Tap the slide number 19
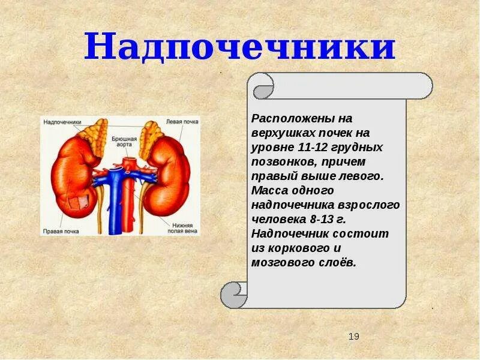353,337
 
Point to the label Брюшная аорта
125,142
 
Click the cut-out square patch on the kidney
76,203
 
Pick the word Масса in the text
268,190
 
